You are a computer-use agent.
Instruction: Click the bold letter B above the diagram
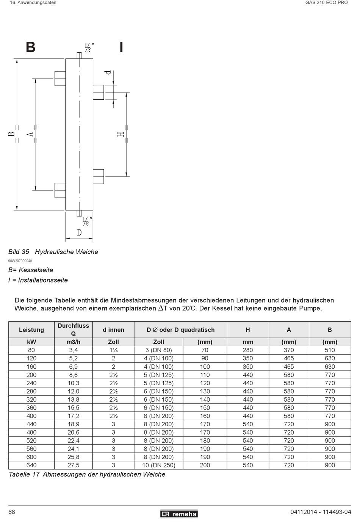(x=31, y=47)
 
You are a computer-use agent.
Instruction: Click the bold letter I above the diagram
(x=121, y=47)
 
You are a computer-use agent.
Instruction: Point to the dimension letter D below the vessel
(x=79, y=232)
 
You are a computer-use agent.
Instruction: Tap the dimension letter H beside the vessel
(x=121, y=134)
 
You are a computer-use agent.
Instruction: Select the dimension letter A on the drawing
(x=30, y=134)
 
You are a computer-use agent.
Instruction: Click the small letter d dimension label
(x=109, y=72)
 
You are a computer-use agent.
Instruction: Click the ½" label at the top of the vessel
(x=89, y=47)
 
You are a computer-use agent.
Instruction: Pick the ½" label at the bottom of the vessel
(x=87, y=221)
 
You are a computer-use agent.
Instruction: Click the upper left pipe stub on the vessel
(x=60, y=78)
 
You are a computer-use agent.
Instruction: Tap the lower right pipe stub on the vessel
(x=98, y=176)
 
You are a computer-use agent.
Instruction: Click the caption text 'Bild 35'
(x=19, y=252)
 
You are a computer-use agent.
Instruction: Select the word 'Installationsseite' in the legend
(x=43, y=280)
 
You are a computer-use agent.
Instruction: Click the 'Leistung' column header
(x=31, y=330)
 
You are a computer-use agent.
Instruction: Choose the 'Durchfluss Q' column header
(x=73, y=330)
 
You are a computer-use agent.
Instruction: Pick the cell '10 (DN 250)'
(x=158, y=465)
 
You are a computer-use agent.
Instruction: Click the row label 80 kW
(x=31, y=350)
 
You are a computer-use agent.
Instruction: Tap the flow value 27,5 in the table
(x=73, y=465)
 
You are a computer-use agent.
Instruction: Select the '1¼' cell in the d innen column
(x=113, y=350)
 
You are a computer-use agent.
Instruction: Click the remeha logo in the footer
(x=179, y=514)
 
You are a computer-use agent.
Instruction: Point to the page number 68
(x=12, y=512)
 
